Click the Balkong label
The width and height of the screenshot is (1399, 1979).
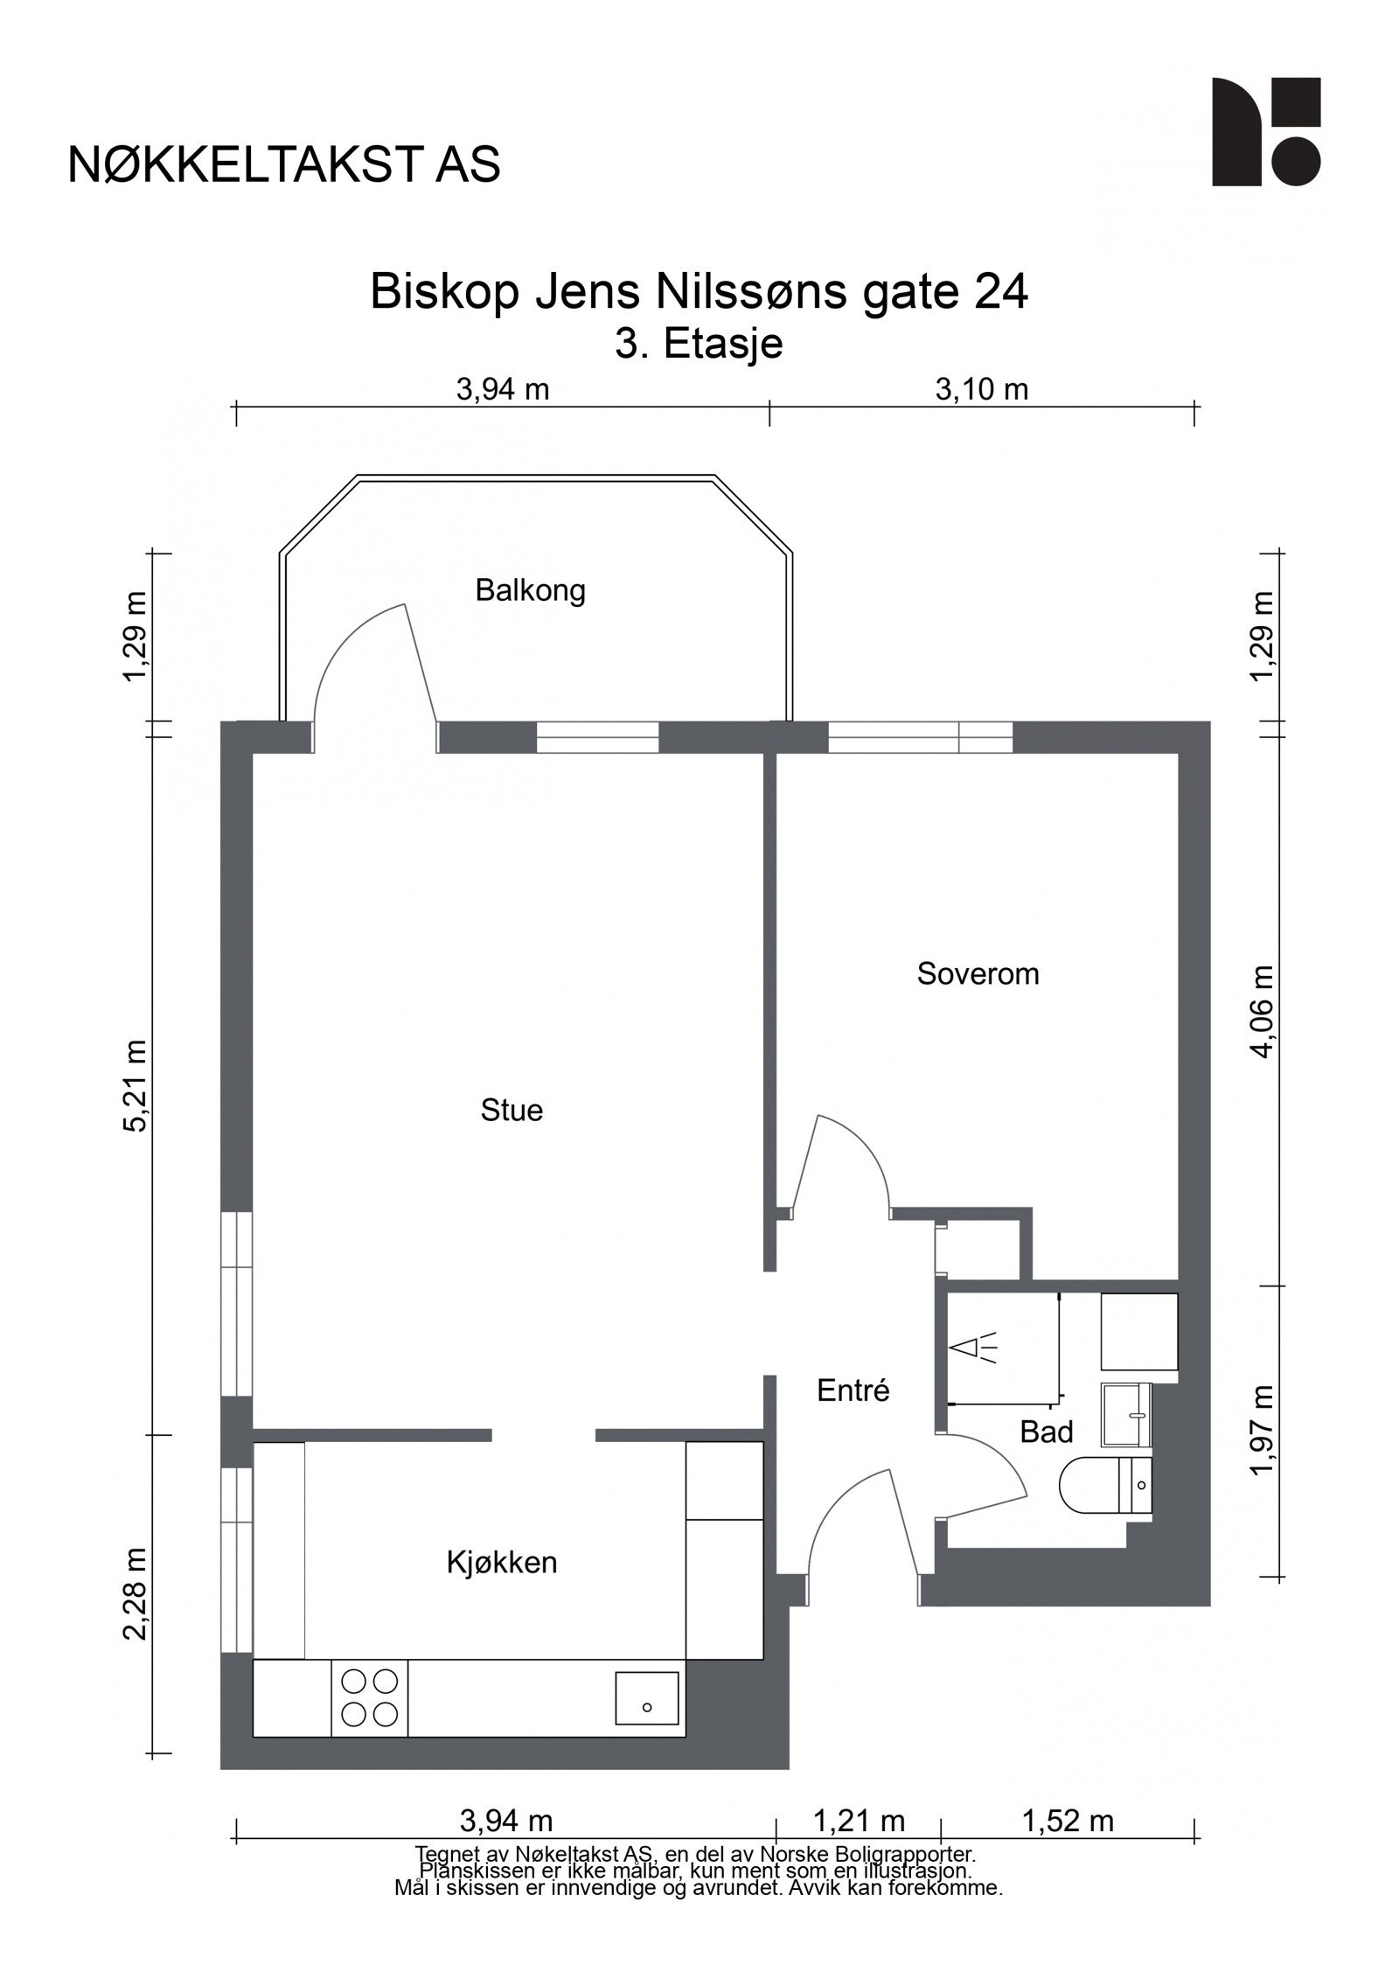tap(530, 590)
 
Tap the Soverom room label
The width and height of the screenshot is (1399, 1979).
tap(978, 973)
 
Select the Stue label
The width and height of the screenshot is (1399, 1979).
tap(512, 1110)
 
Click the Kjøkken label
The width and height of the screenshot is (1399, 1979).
tap(502, 1562)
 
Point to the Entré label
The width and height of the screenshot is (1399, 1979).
tap(853, 1390)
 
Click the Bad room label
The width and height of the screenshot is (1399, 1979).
tap(1046, 1432)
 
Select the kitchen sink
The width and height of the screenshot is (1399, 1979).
tap(647, 1697)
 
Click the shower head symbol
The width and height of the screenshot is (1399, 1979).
tap(972, 1348)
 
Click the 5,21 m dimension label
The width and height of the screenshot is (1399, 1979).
tap(136, 1085)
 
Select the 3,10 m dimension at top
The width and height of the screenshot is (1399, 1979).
tap(981, 389)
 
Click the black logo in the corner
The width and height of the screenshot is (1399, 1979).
tap(1265, 131)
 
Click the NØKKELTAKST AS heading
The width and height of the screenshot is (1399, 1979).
tap(284, 164)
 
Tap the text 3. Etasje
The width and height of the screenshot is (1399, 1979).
tap(699, 344)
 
